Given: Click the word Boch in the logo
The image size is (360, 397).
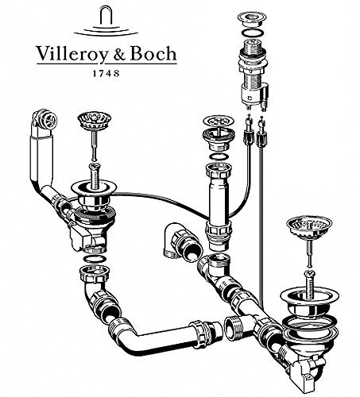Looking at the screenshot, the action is (153, 54).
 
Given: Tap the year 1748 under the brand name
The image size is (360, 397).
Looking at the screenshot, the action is (106, 73).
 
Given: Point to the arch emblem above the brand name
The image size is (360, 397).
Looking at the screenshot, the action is (106, 22).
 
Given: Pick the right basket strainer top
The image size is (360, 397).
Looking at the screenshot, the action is (309, 227).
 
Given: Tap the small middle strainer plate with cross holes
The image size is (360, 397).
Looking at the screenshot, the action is (216, 121).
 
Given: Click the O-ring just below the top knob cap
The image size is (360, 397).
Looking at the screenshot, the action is (252, 34).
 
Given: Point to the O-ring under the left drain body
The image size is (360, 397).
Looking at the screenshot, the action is (95, 260).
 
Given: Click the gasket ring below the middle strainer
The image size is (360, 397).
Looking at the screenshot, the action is (219, 156).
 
